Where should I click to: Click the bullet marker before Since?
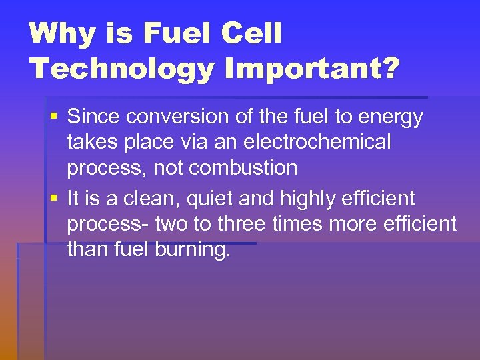53,117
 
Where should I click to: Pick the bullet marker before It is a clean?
53,199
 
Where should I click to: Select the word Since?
94,117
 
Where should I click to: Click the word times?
297,225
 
